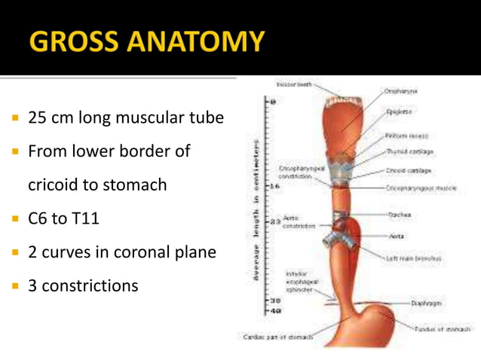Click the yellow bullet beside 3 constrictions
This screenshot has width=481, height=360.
pyautogui.click(x=14, y=286)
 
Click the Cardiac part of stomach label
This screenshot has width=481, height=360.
pyautogui.click(x=277, y=337)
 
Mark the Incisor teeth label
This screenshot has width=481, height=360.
pyautogui.click(x=294, y=84)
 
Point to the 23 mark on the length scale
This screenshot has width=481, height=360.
pyautogui.click(x=275, y=221)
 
